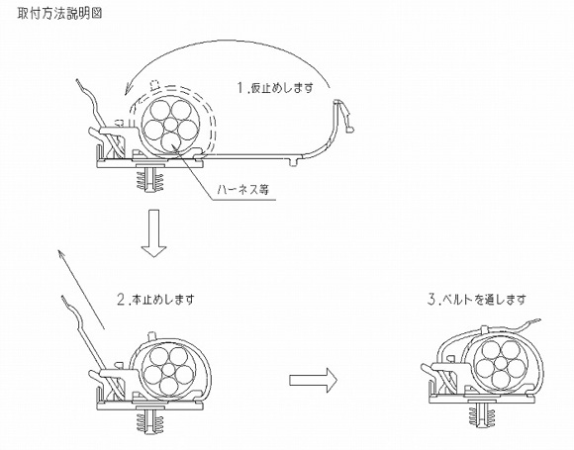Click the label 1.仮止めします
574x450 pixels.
[x=274, y=88]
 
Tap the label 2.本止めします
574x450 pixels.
[x=154, y=297]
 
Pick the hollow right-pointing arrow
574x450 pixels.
[x=314, y=379]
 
